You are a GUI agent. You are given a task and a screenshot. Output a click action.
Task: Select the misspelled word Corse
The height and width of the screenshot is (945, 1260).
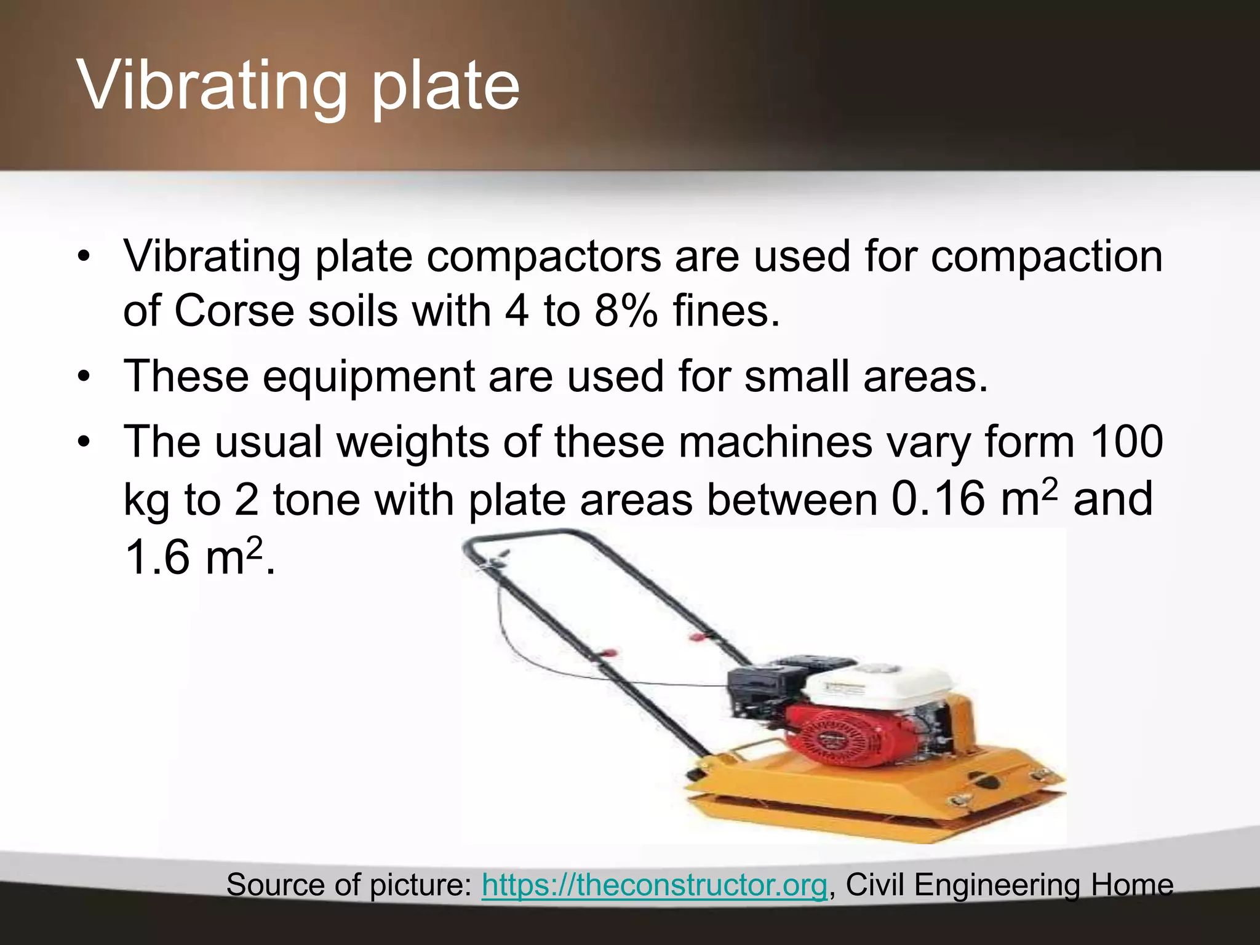[234, 310]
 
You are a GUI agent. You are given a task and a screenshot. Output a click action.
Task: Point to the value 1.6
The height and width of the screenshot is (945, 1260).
[157, 557]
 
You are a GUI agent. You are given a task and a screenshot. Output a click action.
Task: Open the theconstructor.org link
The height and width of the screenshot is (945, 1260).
[654, 885]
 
